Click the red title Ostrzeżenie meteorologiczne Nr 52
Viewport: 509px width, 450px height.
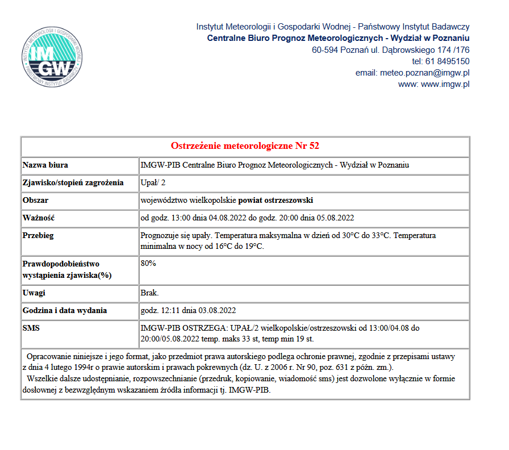[245, 146]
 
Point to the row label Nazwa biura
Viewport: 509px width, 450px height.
[45, 165]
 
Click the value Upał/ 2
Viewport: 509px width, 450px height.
[153, 183]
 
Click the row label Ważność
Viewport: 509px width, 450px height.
[38, 218]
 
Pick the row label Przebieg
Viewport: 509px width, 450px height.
[38, 236]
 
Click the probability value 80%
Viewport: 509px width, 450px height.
[148, 264]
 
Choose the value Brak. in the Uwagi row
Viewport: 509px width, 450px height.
[150, 293]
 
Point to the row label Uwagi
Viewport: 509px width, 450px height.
[34, 293]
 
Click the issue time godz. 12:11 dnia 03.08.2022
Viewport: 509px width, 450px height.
[188, 311]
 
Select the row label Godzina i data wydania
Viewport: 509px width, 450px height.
[65, 311]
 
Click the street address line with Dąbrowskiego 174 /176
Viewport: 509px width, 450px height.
[390, 50]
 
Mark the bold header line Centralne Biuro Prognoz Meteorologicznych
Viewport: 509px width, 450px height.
[338, 38]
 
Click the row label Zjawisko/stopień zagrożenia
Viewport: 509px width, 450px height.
[73, 183]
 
